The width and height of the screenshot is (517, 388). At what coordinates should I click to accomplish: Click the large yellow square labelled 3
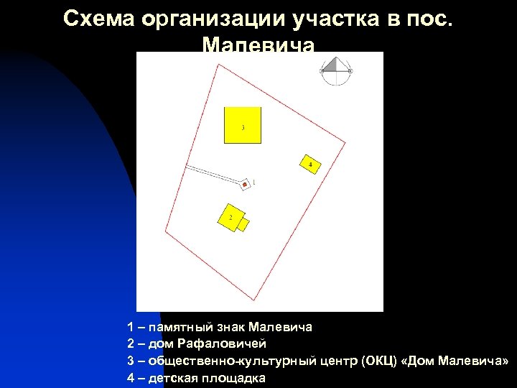[242, 125]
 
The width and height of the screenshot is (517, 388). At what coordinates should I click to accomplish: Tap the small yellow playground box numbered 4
[309, 164]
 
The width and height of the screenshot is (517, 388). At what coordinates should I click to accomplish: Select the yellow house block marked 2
[230, 217]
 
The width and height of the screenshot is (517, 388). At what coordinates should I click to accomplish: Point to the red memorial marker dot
[245, 185]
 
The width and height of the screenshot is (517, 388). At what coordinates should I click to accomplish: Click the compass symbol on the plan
[336, 70]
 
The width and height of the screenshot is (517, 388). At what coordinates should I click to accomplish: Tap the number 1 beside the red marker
[253, 183]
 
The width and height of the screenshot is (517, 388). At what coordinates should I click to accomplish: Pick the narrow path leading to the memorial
[212, 174]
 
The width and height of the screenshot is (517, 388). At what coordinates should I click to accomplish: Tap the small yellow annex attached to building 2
[243, 225]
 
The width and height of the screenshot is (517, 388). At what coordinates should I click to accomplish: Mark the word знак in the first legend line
[229, 328]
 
